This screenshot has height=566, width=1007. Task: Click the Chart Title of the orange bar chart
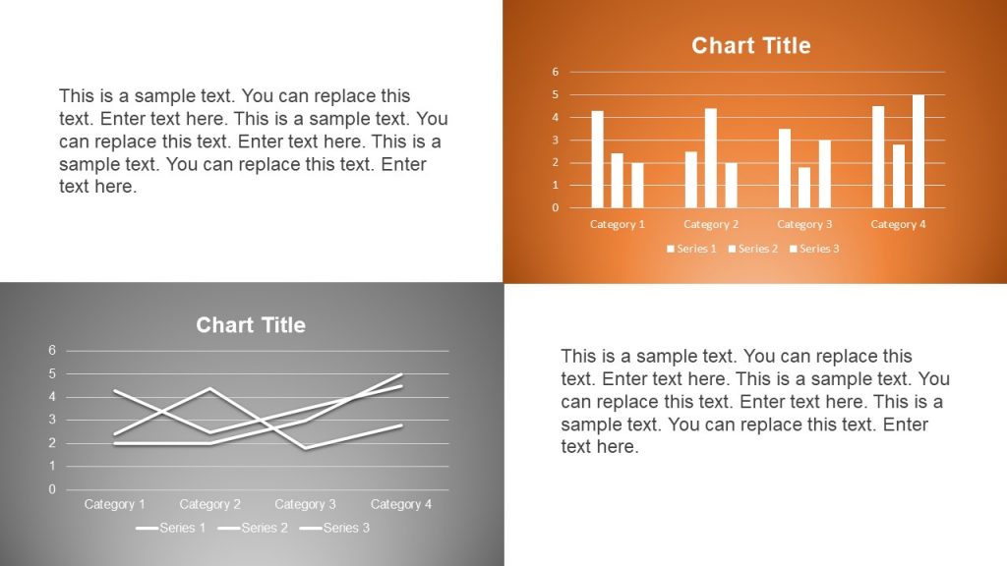point(750,45)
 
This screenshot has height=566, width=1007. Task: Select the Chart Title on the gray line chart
point(251,325)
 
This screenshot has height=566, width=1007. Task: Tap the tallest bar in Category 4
point(918,151)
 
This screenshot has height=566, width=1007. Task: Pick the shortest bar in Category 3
point(804,188)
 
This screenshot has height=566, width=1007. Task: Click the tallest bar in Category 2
point(711,158)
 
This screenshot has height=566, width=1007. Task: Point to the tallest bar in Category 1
point(597,159)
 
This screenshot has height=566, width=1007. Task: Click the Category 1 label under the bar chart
point(618,224)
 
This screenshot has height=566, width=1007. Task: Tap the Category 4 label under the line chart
point(401,504)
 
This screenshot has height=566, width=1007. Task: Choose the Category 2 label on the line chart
point(210,504)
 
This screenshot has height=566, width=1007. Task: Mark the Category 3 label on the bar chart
point(804,224)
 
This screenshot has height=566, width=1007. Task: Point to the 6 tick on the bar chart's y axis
point(556,72)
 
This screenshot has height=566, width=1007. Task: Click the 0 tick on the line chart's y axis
point(52,489)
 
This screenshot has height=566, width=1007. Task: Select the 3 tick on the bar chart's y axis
point(556,140)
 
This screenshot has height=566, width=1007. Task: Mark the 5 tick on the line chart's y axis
point(52,373)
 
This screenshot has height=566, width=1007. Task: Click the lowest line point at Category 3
point(306,448)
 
